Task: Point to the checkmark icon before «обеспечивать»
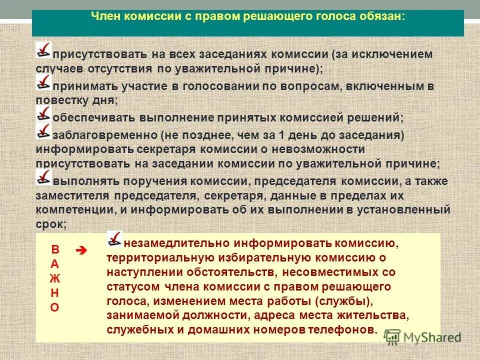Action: (x=43, y=114)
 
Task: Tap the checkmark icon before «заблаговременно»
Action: (x=43, y=131)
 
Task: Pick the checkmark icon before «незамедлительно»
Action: (x=115, y=239)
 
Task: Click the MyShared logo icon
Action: (x=392, y=336)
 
